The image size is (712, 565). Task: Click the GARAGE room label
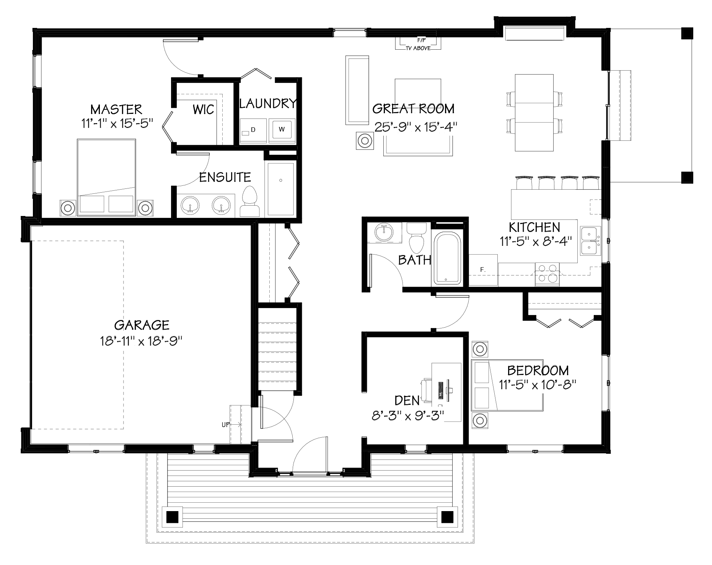[x=142, y=325]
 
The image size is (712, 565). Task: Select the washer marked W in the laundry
[x=282, y=130]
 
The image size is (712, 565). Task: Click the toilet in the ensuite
[x=250, y=202]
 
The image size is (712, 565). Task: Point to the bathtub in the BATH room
[x=446, y=257]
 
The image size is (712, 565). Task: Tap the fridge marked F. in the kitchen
[x=483, y=270]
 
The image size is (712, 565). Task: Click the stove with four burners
[x=547, y=274]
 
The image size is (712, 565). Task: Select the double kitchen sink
[x=590, y=241]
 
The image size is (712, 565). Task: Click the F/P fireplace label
[x=418, y=40]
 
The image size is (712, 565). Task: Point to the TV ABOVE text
[x=418, y=48]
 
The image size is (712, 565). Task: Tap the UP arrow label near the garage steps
[x=226, y=424]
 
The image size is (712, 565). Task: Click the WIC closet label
[x=203, y=110]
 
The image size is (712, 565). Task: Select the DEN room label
[x=407, y=400]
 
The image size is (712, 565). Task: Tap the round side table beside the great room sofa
[x=365, y=141]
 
